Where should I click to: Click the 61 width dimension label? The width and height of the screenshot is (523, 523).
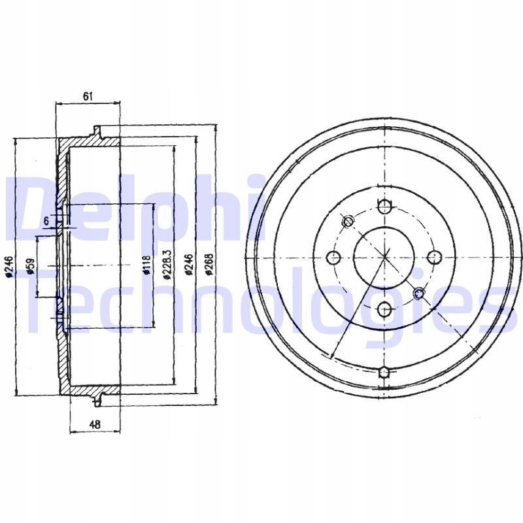click(x=88, y=96)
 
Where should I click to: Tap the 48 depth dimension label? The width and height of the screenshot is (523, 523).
click(x=95, y=424)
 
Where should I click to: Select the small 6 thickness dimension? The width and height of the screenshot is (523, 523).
click(x=46, y=220)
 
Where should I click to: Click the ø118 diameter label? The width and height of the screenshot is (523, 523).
click(x=147, y=265)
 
